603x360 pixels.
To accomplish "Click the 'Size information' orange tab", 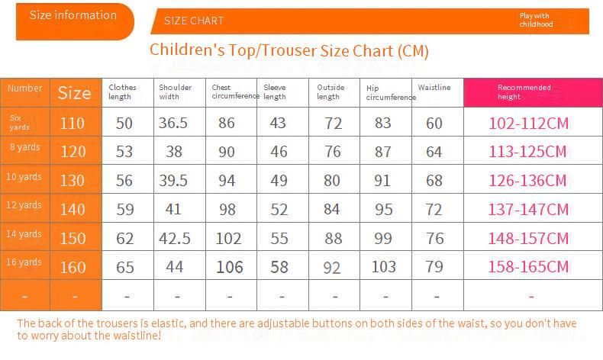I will pos(73,15).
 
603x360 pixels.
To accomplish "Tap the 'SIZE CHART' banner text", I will pos(194,21).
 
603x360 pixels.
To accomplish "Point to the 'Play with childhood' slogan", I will pos(535,20).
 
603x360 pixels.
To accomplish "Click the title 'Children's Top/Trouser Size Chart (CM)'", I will pos(289,51).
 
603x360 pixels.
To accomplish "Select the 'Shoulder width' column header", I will pos(175,92).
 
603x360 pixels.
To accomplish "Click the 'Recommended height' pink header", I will pos(524,92).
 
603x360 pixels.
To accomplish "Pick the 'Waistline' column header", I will pos(434,88).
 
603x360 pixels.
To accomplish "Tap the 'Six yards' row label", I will pos(21,123).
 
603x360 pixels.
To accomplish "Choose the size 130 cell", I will pos(73,181).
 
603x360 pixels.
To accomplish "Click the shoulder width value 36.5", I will pos(173,123).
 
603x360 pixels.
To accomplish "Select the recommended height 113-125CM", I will pos(528,152).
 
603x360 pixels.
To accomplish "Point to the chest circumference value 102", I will pos(228,238).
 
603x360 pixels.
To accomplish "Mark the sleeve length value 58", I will pos(279,267).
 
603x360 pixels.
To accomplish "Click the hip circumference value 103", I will pos(383,267).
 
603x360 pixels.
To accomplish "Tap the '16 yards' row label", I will pos(24,262).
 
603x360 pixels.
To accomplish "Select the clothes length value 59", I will pos(124,209).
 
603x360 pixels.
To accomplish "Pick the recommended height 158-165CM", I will pos(528,267).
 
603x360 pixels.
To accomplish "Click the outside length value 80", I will pos(332,181).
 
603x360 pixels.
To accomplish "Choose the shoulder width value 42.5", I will pos(175,238).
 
